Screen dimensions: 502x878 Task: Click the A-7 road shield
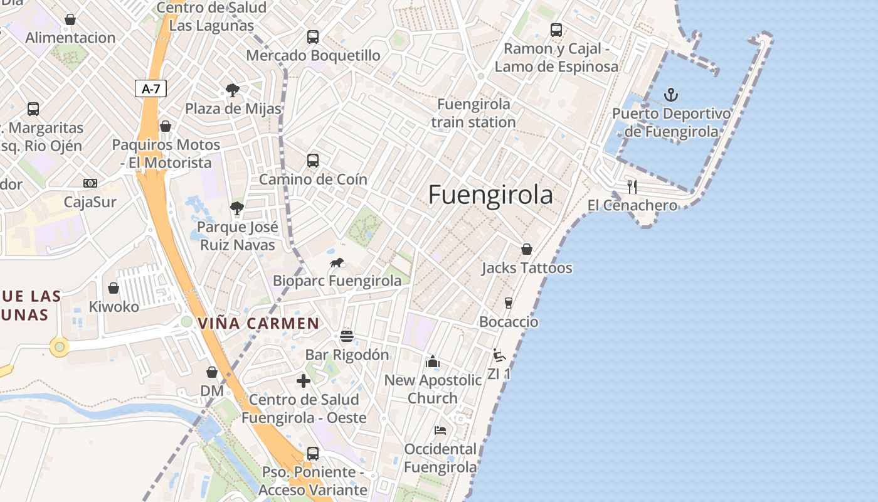151,88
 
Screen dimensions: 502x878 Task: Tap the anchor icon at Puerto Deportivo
672,95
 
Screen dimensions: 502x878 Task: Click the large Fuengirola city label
490,195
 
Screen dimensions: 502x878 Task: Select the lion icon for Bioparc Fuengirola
337,262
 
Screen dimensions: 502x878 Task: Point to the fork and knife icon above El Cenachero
632,186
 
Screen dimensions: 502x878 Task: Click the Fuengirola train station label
473,113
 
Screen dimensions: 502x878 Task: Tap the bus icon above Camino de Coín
313,161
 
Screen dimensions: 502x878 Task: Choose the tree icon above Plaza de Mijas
233,90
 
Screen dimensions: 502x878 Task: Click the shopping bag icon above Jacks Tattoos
527,249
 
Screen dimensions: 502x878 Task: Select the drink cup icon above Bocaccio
509,303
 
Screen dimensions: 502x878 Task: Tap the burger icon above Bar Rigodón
347,336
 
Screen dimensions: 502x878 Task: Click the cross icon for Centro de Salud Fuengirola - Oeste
304,381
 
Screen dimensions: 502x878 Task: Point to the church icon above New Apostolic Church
433,361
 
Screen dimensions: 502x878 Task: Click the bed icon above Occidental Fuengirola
440,430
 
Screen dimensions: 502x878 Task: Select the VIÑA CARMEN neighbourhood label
258,324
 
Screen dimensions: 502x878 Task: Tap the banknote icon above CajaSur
90,183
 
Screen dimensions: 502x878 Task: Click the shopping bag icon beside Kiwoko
114,288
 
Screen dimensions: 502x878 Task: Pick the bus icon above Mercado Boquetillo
313,37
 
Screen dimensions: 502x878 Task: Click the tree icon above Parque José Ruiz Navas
236,208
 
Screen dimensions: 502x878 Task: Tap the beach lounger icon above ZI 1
499,356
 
